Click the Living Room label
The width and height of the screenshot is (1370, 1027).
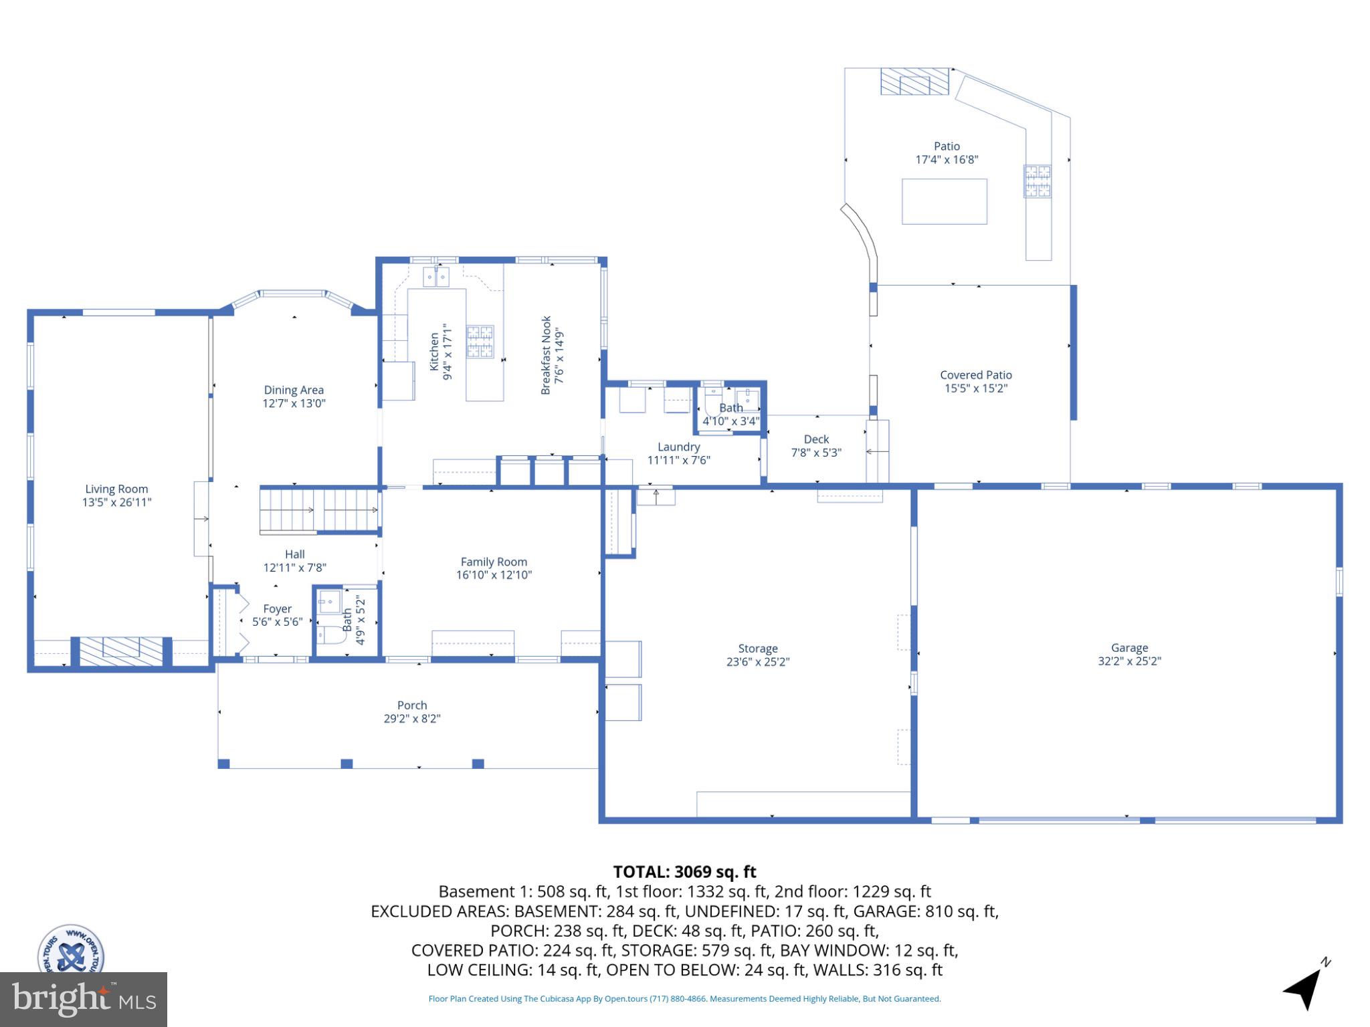click(x=116, y=489)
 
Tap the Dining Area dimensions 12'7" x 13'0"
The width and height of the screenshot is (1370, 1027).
click(x=294, y=403)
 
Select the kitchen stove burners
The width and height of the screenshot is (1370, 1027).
click(x=480, y=341)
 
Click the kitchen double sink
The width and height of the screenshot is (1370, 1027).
click(x=435, y=276)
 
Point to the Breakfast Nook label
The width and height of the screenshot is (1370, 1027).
click(x=546, y=355)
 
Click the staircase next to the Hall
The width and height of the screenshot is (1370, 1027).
click(x=319, y=510)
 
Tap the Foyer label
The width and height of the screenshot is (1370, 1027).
click(x=277, y=608)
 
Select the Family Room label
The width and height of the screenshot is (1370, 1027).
click(x=494, y=562)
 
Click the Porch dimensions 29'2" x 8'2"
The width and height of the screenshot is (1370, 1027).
click(x=411, y=719)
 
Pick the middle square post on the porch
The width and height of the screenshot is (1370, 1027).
click(x=347, y=764)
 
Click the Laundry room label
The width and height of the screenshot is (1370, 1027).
click(x=678, y=447)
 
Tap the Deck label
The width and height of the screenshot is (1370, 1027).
click(x=816, y=439)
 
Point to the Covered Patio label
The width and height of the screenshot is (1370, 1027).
click(x=975, y=374)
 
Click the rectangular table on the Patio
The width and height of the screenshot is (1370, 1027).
click(x=944, y=201)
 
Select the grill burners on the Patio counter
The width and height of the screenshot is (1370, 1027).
click(x=1036, y=181)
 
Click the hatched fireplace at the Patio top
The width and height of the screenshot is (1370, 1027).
click(x=914, y=82)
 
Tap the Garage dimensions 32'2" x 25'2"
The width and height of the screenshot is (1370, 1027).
click(x=1129, y=661)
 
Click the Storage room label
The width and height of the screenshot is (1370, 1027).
click(x=757, y=648)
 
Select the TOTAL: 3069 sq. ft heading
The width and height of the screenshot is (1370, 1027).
click(x=684, y=872)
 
